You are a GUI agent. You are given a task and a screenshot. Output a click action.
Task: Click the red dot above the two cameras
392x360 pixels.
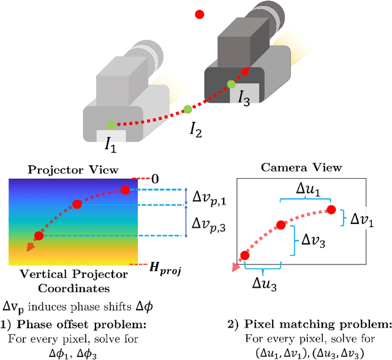point(199,13)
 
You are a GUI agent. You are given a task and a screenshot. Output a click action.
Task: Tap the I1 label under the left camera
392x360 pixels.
point(110,146)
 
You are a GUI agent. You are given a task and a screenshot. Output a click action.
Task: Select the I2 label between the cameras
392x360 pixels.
point(195,129)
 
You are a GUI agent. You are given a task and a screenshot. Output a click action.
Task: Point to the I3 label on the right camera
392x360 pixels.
point(244,96)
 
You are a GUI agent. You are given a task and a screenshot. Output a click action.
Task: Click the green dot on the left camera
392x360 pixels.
point(110,126)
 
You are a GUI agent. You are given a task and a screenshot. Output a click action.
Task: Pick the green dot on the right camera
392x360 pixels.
point(231,84)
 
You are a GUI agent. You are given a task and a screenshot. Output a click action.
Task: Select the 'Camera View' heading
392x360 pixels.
point(301,167)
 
